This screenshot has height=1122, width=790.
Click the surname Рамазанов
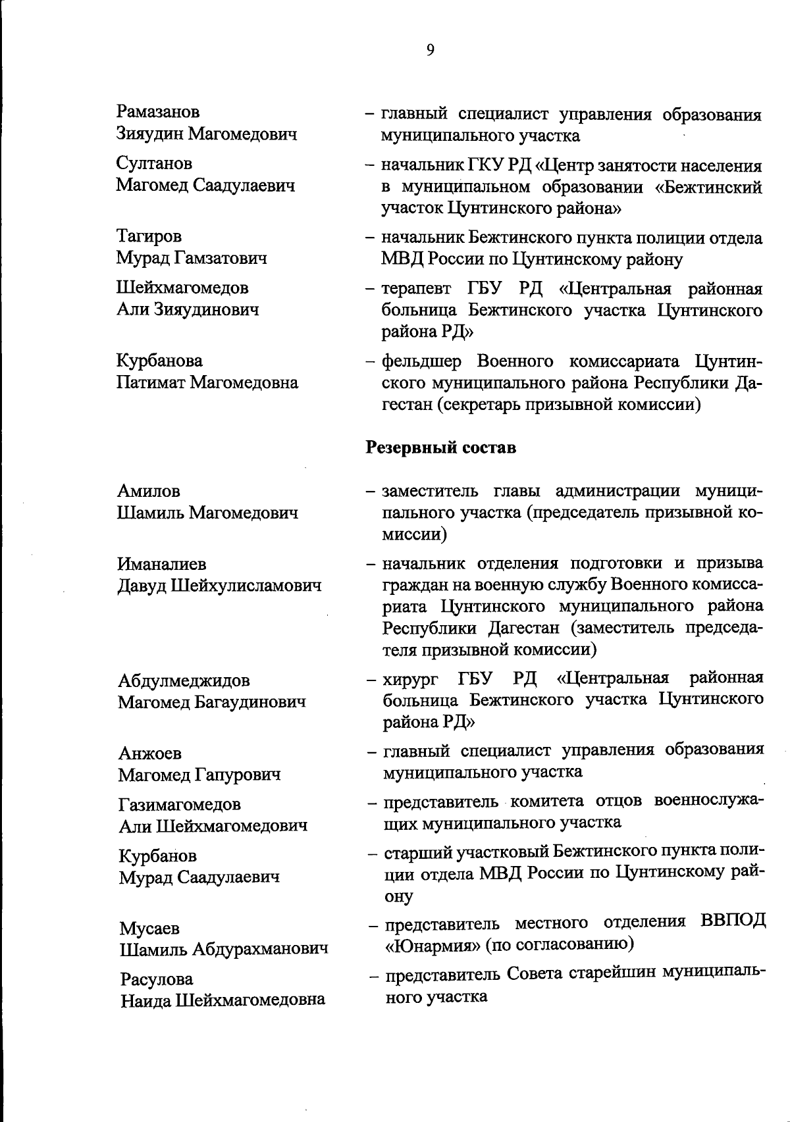[158, 113]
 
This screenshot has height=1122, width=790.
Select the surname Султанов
[155, 163]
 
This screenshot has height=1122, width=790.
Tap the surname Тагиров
[149, 236]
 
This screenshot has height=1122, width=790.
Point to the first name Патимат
[151, 382]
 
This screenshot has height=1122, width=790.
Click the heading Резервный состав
[440, 448]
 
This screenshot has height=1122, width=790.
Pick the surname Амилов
[149, 491]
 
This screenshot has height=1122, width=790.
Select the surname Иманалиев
[162, 564]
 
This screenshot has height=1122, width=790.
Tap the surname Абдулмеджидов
[184, 680]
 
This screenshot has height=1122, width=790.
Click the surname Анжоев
[150, 753]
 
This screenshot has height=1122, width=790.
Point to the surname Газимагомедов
[180, 804]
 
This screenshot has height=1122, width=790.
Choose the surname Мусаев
[149, 929]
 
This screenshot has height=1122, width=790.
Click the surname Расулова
[157, 979]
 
